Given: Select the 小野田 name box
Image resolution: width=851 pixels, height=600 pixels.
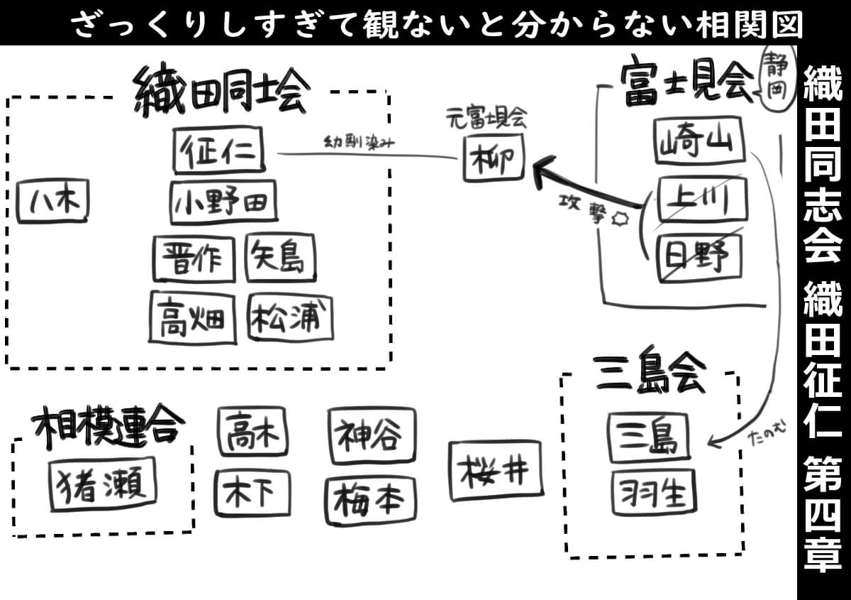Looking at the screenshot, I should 223,202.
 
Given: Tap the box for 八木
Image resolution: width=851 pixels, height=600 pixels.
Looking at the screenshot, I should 53,202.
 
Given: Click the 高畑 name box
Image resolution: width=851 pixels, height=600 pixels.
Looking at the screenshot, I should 192,317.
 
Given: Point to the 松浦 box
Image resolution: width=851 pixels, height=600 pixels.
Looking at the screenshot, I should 291,317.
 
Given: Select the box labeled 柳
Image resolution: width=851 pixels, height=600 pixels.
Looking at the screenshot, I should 495,158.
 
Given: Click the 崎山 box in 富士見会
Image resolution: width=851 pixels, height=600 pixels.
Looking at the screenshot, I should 699,141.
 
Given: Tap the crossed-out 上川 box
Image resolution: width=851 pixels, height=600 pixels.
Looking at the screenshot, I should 700,200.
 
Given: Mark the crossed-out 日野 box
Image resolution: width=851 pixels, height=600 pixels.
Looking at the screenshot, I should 698,256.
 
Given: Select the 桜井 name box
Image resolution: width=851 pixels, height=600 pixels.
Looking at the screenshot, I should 495,470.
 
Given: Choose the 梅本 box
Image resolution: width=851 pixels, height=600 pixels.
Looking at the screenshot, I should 370,501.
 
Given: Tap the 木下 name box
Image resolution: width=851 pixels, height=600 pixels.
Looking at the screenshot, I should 252,493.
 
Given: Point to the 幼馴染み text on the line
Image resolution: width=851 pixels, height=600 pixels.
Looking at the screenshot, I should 358,143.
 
